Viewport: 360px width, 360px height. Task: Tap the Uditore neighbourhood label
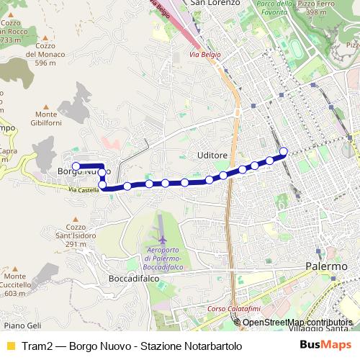pos(212,156)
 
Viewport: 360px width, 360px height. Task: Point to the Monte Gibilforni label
pos(55,119)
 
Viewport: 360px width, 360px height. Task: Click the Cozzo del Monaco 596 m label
pos(40,58)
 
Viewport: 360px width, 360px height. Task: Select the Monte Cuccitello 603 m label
pos(22,285)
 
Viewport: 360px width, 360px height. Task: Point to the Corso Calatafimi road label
pos(228,309)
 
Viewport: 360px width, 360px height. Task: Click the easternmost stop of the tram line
pos(284,151)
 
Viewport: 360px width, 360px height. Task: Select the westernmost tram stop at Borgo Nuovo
pos(76,166)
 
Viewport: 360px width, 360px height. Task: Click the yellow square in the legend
pos(10,346)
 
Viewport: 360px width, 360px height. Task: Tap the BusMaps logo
pos(325,345)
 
